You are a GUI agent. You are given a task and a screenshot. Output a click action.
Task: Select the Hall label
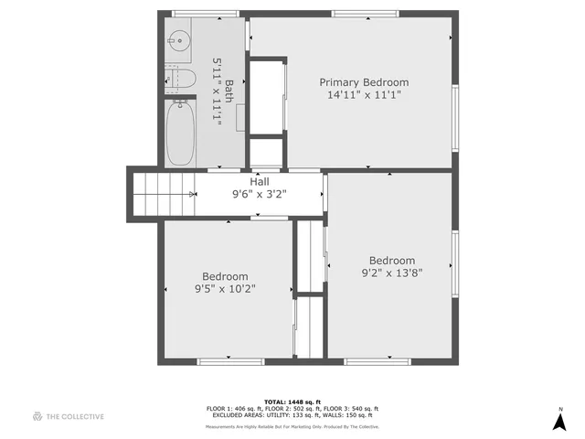point(261,181)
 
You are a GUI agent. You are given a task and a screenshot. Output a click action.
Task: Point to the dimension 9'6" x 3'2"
point(261,194)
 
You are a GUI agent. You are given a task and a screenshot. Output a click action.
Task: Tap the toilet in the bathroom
point(181,80)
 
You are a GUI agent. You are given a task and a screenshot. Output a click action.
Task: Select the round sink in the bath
point(177,40)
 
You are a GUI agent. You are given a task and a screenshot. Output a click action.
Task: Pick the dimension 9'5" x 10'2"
point(225,289)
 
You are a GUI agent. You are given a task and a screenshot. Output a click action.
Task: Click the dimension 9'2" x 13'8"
point(392,272)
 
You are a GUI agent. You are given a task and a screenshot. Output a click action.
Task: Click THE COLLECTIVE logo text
point(75,416)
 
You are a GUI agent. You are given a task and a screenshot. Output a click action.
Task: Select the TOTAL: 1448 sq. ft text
point(292,402)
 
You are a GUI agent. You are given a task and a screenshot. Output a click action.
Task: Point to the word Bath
point(229,91)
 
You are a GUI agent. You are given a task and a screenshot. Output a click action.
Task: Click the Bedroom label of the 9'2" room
point(392,260)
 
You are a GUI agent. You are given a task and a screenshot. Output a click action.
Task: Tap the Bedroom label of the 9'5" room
point(225,276)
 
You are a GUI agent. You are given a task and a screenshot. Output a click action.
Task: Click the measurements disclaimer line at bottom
point(292,426)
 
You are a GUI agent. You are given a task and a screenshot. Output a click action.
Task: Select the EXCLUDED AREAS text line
point(292,414)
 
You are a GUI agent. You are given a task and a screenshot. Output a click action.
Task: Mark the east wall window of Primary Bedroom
point(455,116)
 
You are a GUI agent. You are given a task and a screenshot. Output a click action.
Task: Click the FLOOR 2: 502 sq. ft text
point(292,408)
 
